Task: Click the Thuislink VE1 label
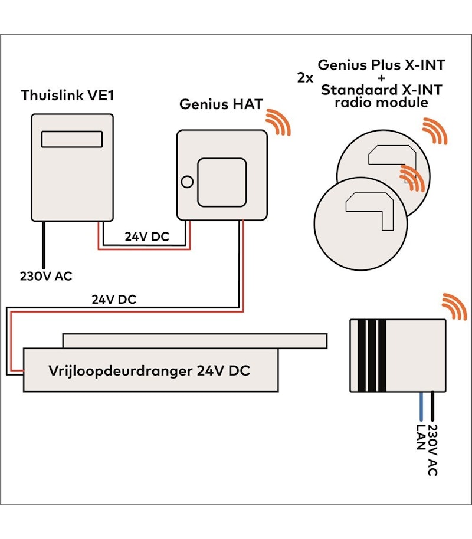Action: point(66,96)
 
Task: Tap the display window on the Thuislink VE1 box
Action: point(73,139)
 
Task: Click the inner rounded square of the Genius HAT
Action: point(221,180)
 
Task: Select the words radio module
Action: point(381,103)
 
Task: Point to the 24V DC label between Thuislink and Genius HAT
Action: point(146,236)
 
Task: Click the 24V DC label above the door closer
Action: point(113,300)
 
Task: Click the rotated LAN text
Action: point(421,437)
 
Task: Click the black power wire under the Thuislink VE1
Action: point(42,244)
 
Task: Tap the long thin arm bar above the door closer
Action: point(195,340)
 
